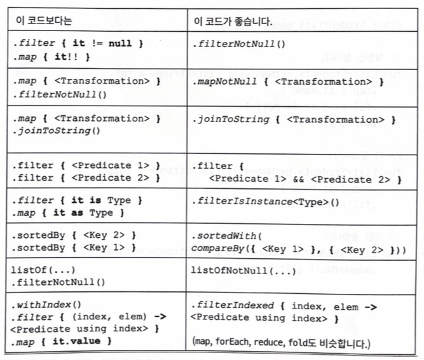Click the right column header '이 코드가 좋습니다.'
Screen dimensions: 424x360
233,20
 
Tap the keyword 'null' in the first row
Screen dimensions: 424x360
119,45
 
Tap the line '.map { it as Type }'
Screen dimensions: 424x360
65,213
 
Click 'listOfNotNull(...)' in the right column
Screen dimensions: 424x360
243,270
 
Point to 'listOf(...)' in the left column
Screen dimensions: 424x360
39,270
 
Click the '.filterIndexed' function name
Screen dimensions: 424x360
229,305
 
